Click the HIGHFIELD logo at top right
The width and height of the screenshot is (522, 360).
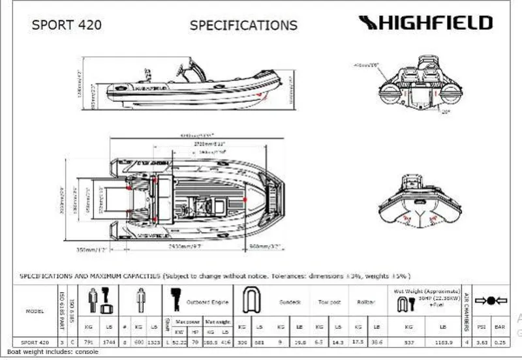pos(425,23)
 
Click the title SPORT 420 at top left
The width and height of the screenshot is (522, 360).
pos(67,25)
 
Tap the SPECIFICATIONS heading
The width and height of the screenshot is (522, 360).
pos(243,25)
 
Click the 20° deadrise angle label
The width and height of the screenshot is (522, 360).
pos(446,112)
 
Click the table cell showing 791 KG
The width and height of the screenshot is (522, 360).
pos(88,342)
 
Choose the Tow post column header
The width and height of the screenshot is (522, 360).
pos(329,303)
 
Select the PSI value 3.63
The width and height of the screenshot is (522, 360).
pos(483,342)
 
